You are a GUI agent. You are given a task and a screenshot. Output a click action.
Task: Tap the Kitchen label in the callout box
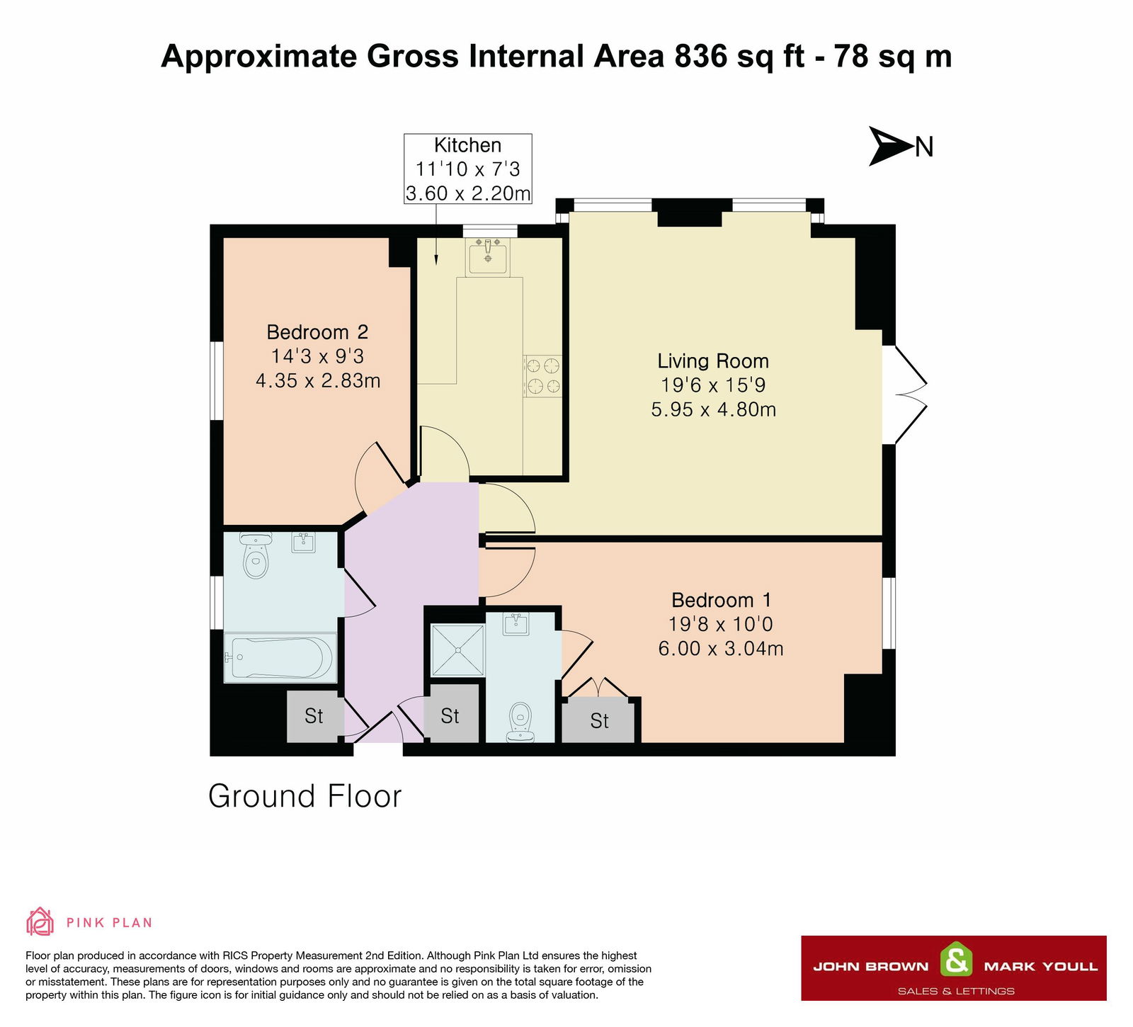[467, 145]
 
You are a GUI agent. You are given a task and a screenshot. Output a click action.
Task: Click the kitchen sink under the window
[487, 256]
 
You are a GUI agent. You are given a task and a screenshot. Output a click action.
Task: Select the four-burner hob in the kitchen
[542, 376]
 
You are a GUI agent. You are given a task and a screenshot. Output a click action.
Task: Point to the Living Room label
[713, 361]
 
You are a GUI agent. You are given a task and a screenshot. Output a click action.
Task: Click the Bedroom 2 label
[317, 332]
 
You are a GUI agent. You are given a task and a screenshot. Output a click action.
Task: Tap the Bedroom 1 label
[721, 601]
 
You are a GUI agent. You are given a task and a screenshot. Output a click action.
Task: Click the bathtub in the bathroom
[280, 658]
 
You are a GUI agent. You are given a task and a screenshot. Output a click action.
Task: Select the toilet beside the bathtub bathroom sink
[255, 555]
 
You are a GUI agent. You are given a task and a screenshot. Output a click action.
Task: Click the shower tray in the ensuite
[458, 650]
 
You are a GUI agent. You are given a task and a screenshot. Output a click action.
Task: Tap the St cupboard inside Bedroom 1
[599, 721]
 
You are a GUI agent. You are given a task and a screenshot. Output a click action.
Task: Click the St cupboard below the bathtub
[314, 716]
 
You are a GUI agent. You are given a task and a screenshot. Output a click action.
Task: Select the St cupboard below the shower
[450, 716]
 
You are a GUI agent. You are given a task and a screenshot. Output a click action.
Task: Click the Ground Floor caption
[304, 796]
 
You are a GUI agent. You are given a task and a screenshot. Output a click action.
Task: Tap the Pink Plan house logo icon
[40, 921]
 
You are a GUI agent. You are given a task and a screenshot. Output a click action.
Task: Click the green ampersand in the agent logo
[956, 960]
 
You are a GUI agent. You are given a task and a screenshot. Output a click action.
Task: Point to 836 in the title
[701, 56]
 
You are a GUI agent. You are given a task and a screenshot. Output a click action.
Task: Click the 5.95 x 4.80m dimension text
[714, 409]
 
